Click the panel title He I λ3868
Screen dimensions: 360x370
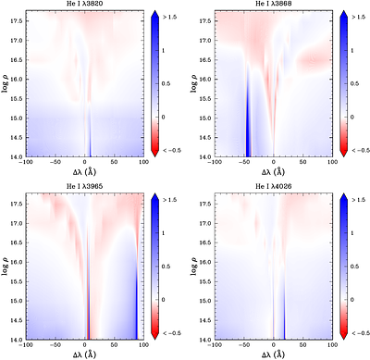point(274,5)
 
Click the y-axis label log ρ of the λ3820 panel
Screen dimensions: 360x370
point(6,83)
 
